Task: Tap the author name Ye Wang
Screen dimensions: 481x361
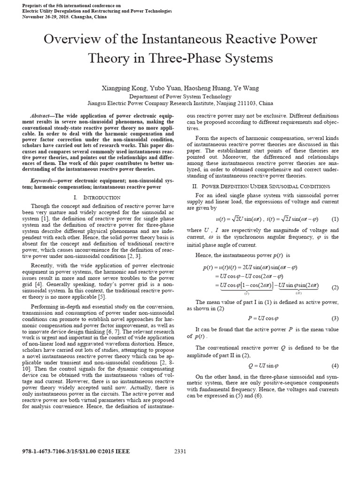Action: point(245,88)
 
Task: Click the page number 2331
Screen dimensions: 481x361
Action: point(180,451)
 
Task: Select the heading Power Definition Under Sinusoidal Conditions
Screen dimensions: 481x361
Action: point(266,186)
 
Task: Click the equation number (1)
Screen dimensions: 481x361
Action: point(335,219)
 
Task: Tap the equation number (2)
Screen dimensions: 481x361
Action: point(335,287)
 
